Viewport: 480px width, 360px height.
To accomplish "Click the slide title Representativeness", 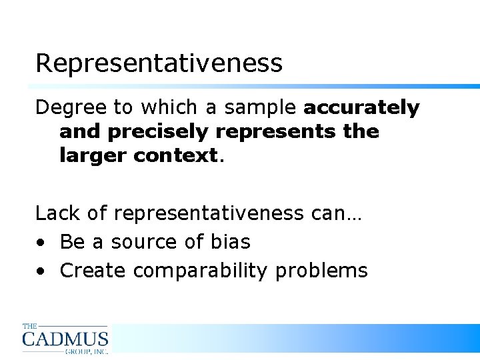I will [159, 63].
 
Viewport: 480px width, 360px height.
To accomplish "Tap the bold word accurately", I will [361, 108].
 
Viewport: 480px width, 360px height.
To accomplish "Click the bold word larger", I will [93, 156].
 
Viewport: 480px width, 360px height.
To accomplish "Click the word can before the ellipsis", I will [327, 213].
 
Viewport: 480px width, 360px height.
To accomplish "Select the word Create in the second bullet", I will [93, 271].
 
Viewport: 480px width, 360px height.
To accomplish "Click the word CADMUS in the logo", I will [65, 338].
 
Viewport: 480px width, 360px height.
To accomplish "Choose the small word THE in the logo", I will [30, 327].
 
